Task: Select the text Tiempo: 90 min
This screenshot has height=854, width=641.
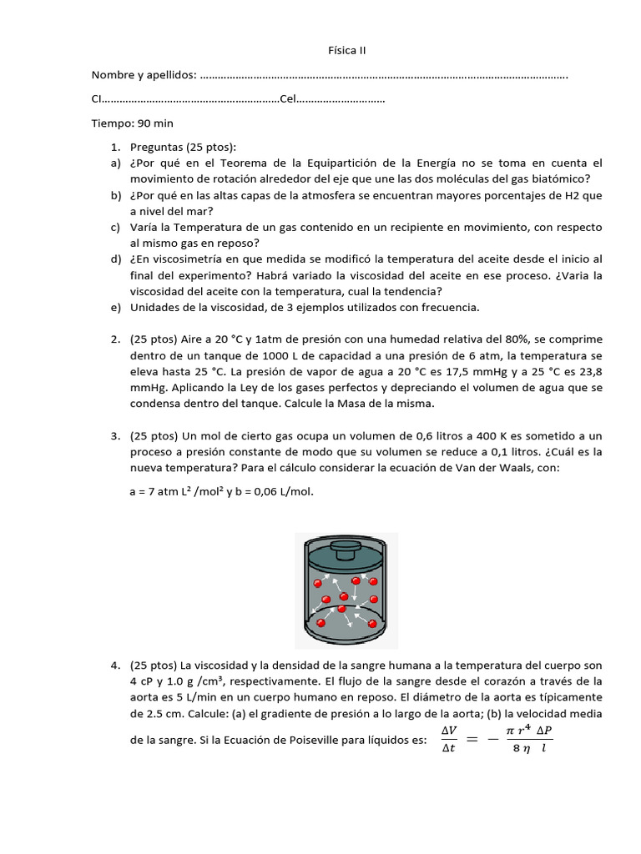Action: tap(132, 123)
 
